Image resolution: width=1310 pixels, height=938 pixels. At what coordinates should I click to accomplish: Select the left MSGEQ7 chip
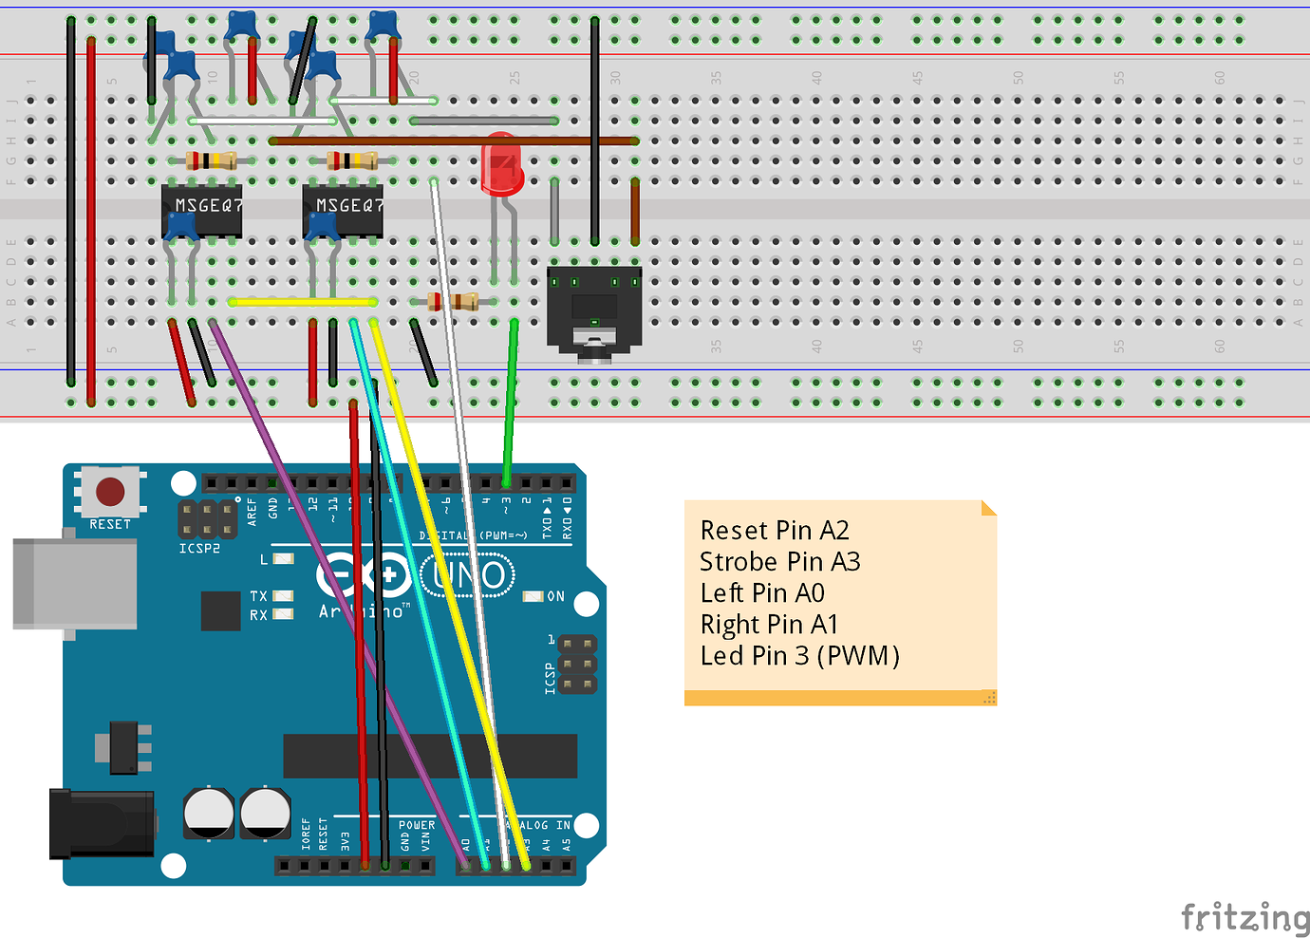[202, 210]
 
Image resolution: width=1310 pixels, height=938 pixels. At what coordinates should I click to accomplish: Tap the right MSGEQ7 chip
[344, 210]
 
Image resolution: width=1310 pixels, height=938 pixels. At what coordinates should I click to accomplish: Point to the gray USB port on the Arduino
[74, 584]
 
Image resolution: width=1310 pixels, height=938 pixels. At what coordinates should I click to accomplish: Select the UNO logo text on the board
[467, 575]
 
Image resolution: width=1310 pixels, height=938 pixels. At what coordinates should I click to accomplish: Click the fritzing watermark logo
[1244, 917]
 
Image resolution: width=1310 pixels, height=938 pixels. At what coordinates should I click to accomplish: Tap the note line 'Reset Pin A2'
[774, 530]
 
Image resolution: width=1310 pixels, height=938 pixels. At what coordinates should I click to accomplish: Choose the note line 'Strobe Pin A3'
[779, 561]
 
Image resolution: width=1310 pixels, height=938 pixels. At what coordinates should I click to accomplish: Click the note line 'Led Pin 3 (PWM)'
[799, 655]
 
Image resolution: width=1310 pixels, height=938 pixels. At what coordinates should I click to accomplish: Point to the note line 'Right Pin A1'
[769, 624]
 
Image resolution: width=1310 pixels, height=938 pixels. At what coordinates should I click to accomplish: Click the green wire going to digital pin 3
[511, 399]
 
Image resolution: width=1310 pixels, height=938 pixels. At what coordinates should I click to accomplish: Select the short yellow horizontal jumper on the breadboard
[302, 302]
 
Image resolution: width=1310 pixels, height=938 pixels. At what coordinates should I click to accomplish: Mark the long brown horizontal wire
[454, 141]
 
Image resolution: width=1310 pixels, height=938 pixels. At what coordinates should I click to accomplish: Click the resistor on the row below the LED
[453, 302]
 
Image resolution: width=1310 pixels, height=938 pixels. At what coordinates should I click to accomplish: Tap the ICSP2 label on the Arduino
[199, 549]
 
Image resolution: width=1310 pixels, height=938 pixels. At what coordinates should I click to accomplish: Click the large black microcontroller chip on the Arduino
[430, 756]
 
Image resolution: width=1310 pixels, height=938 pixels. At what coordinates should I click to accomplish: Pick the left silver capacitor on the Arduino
[208, 813]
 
